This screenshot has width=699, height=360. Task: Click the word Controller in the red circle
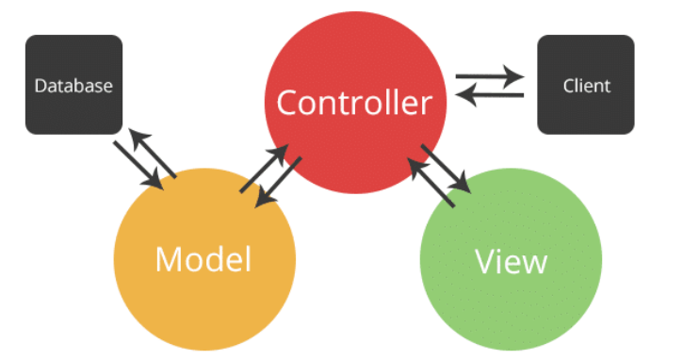click(354, 102)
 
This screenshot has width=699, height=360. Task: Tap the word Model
click(203, 258)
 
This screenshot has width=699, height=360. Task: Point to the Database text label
click(73, 86)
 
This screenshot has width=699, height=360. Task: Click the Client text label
click(586, 86)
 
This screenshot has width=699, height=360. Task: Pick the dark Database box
click(73, 57)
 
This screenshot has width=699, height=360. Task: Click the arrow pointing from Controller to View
click(447, 170)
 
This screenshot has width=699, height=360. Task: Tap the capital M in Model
click(170, 258)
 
